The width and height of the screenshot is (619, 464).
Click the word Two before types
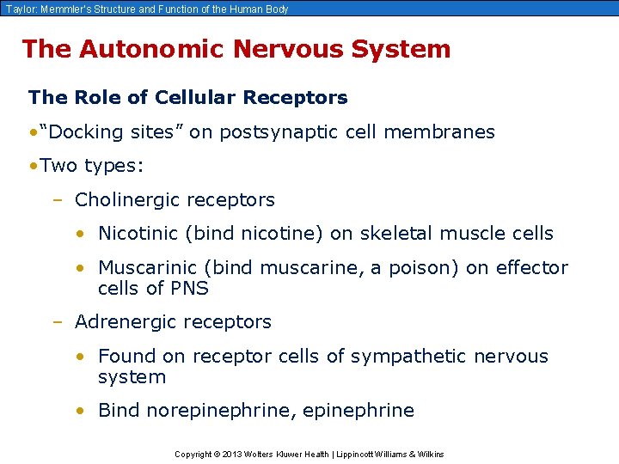[x=58, y=165]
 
